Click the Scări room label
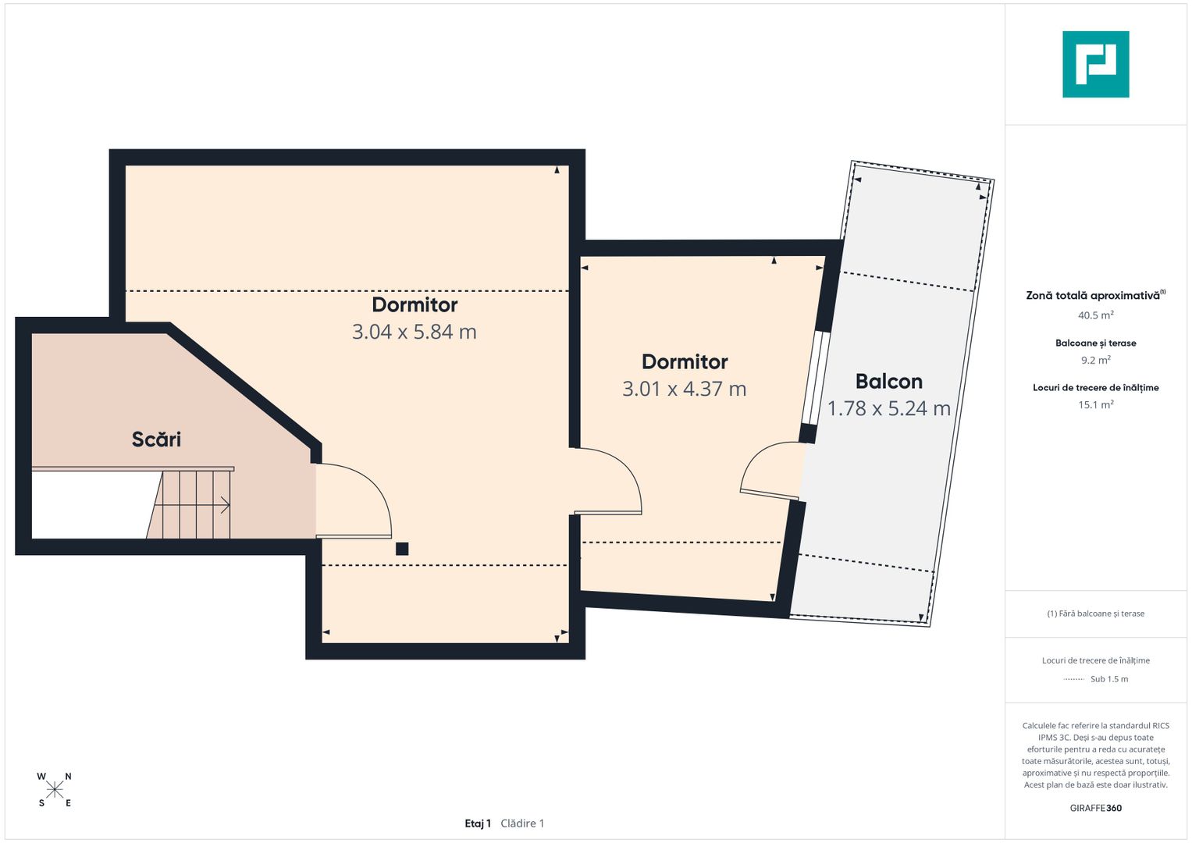tap(156, 439)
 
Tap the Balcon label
tap(888, 382)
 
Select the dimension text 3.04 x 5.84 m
tap(414, 332)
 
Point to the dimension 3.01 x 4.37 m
tap(685, 389)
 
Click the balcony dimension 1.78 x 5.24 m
tap(888, 408)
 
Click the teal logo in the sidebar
tap(1096, 64)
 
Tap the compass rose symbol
tap(55, 790)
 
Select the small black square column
tap(402, 549)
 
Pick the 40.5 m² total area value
tap(1096, 315)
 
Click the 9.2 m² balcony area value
tap(1096, 360)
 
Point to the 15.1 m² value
tap(1096, 404)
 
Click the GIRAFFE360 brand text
tap(1096, 808)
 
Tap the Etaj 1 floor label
tap(478, 823)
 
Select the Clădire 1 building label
tap(522, 823)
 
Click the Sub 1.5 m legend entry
tap(1109, 678)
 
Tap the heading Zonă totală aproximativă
tap(1094, 295)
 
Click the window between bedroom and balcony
tap(816, 378)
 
